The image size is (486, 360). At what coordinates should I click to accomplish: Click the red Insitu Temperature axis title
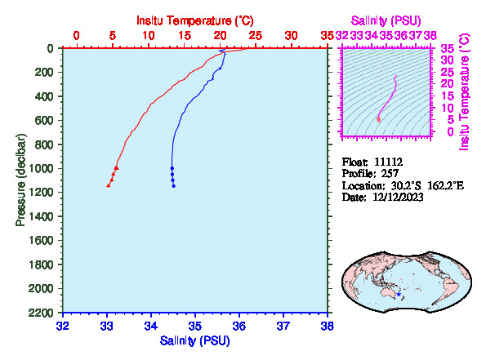pos(195,20)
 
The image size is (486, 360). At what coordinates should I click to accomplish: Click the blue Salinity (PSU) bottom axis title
pos(194,340)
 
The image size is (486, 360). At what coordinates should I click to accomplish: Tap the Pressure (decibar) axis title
pos(20,180)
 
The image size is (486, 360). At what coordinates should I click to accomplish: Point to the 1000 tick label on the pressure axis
pos(42,168)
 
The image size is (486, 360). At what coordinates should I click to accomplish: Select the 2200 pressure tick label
pos(42,313)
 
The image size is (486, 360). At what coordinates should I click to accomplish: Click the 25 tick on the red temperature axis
pos(256,36)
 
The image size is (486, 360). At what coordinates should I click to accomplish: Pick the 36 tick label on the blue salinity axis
pos(239,327)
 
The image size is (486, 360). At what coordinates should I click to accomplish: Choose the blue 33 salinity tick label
pos(107,327)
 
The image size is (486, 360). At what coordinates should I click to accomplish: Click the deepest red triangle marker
pos(109,185)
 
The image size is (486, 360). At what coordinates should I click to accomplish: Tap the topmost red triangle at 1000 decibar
pos(117,167)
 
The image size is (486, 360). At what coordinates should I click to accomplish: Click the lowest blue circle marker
pos(173,186)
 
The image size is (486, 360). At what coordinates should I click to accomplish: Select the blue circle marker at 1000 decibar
pos(172,168)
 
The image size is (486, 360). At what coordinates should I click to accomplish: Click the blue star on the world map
pos(399,294)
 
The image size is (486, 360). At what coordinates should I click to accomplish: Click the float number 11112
pos(388,162)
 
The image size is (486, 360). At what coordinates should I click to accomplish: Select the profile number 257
pos(390,174)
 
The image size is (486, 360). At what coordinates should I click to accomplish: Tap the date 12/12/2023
pos(398,198)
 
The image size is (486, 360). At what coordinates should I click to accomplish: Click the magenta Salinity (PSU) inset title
pos(386,20)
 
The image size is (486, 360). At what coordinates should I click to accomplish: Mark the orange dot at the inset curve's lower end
pos(378,119)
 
